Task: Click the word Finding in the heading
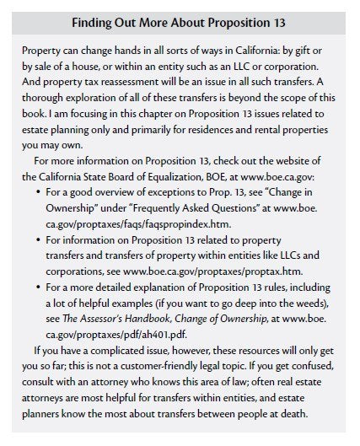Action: pos(95,20)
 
